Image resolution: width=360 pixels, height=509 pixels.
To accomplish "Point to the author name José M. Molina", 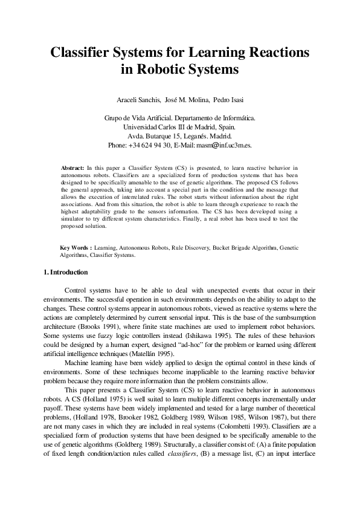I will [186, 99].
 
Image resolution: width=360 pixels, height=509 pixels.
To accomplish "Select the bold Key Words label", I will [76, 248].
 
